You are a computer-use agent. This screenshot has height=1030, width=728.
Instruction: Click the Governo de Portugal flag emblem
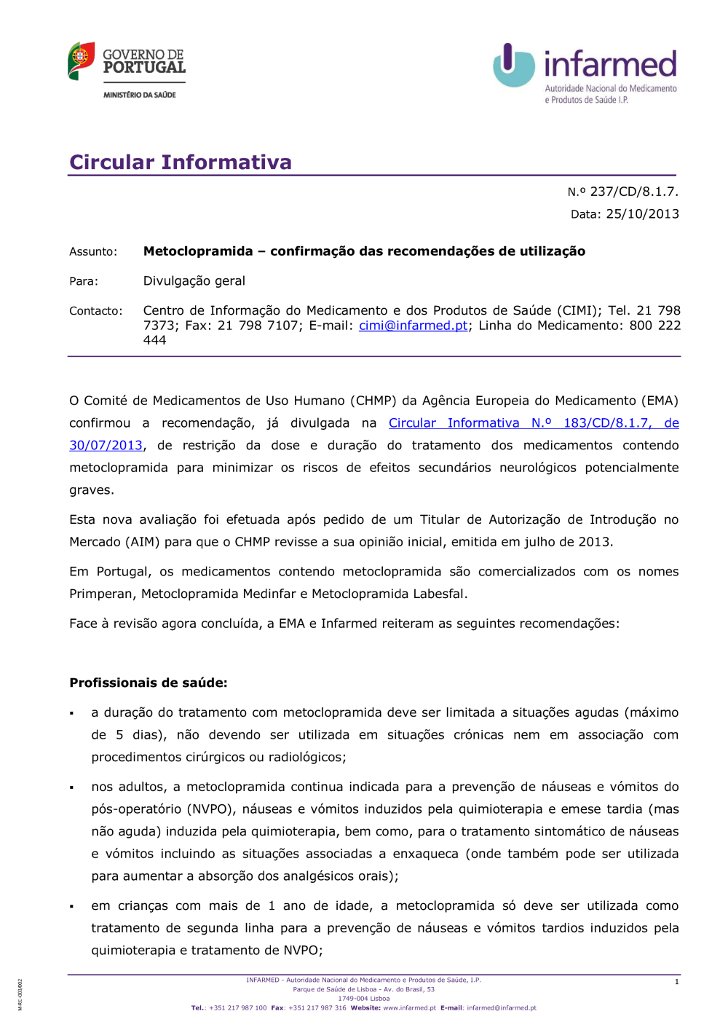pos(81,60)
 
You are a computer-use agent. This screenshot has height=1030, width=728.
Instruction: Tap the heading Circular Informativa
pos(181,162)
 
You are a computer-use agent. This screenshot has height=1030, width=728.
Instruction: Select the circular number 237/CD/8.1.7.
pos(633,192)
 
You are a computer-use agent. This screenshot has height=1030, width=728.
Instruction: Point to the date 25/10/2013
pos(642,214)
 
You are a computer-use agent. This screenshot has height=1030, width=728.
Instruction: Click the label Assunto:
pos(93,252)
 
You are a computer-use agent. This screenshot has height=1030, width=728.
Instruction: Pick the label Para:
pos(84,281)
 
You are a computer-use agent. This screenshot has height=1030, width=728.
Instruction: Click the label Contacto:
pos(96,311)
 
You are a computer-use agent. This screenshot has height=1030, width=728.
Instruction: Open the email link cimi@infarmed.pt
pos(413,326)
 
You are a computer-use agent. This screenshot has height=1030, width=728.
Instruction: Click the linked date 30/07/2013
pos(106,446)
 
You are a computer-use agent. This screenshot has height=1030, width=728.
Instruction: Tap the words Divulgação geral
pos(194,281)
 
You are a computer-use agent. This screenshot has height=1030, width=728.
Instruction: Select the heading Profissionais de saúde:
pos(149,683)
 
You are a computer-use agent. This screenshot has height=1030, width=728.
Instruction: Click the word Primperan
pos(100,594)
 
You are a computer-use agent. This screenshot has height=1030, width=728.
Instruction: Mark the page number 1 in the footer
pos(676,982)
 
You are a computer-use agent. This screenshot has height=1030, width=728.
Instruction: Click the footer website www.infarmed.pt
pos(409,1008)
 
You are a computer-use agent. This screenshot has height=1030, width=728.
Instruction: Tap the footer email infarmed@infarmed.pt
pos(502,1008)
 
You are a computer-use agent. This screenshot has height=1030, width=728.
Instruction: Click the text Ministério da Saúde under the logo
pos(140,95)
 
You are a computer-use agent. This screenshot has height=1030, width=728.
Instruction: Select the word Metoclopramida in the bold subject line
pos(198,251)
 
